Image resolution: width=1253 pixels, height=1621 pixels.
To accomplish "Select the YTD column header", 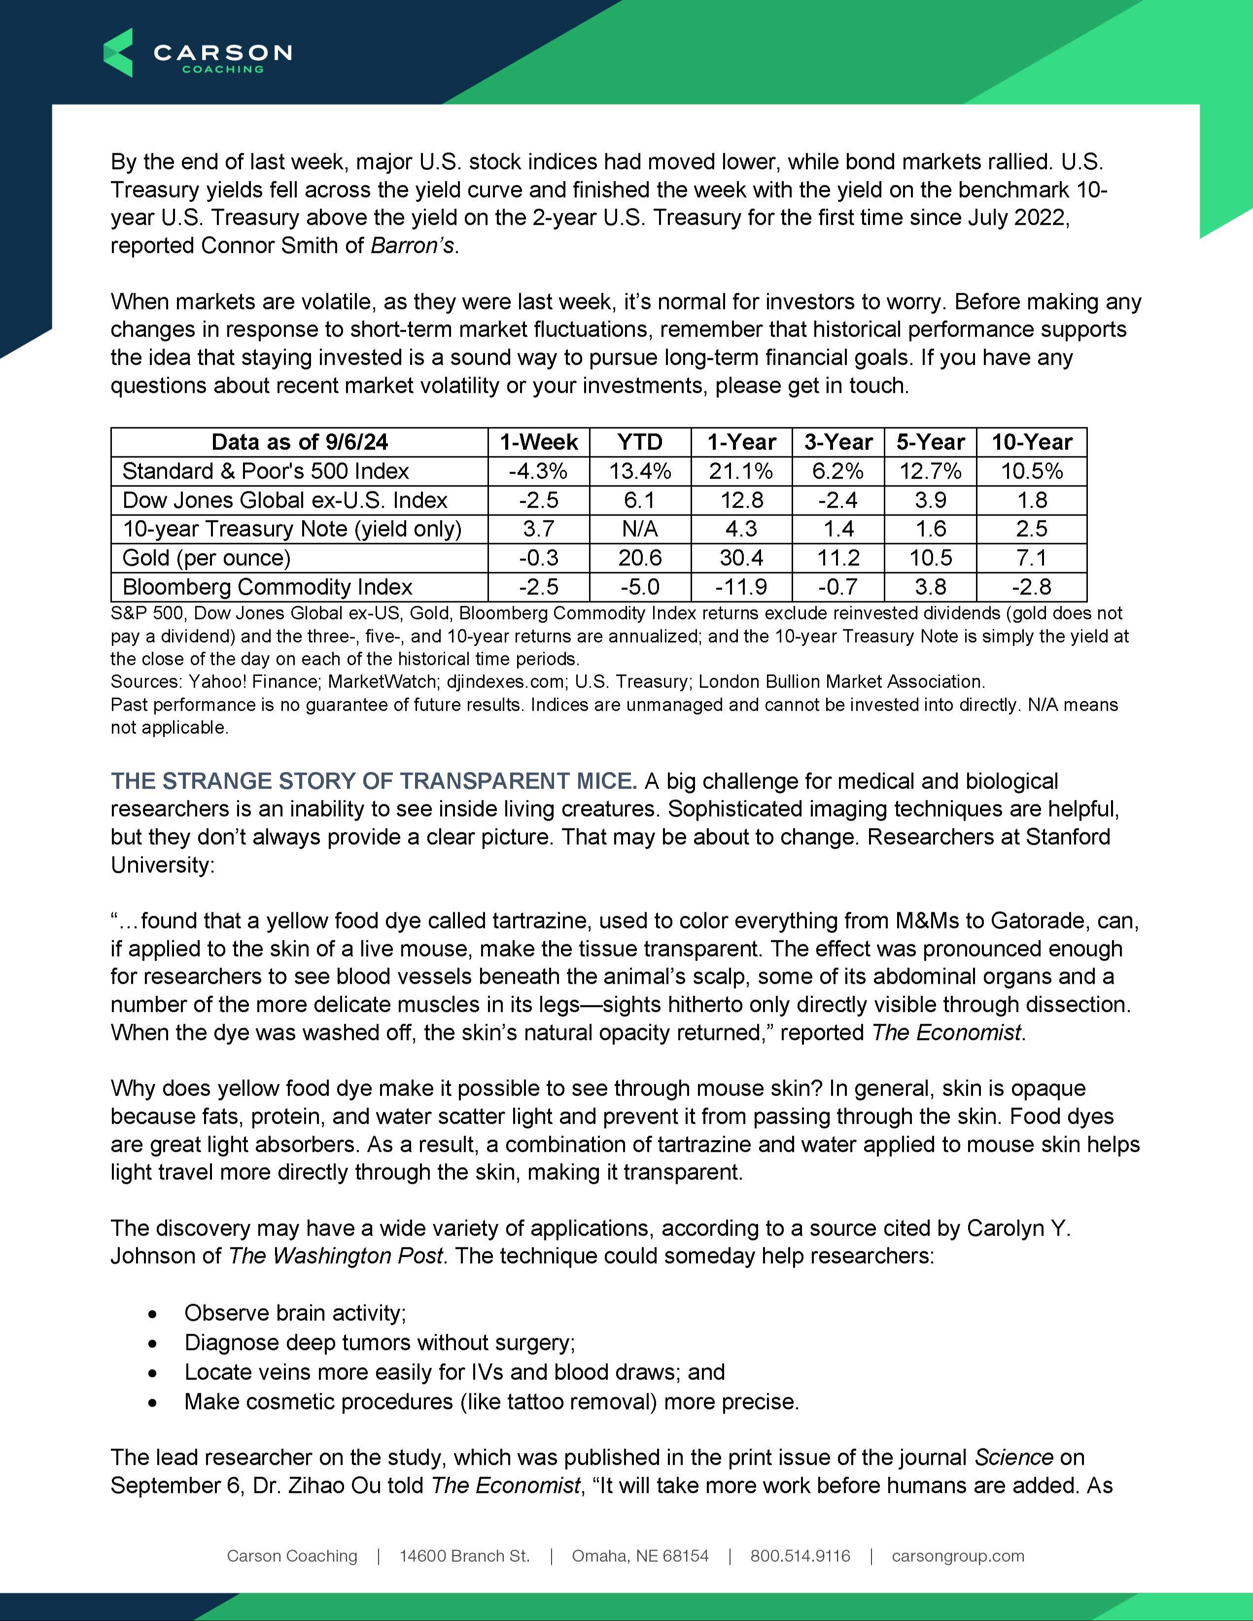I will click(640, 443).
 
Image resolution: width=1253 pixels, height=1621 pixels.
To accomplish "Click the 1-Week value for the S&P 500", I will click(538, 471).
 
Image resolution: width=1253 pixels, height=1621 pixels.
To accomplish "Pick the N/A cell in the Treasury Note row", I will click(640, 529).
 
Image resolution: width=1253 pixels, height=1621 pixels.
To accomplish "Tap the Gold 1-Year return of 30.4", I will click(741, 558).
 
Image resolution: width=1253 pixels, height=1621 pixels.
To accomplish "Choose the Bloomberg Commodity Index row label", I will click(267, 587).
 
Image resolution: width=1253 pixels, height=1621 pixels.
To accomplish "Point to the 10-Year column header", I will click(1032, 443).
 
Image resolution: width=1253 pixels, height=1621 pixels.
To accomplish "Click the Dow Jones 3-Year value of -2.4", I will click(838, 500).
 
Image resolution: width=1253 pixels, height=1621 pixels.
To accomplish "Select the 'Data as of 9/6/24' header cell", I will click(299, 443).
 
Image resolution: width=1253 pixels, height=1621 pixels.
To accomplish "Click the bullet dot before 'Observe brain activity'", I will click(153, 1314).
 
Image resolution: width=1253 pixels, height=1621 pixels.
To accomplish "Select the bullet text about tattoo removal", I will click(491, 1402).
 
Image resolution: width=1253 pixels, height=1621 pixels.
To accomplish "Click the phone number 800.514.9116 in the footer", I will click(800, 1556).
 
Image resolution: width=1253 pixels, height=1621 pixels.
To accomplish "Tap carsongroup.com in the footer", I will click(958, 1556).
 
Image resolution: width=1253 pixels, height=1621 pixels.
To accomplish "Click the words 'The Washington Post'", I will click(336, 1256).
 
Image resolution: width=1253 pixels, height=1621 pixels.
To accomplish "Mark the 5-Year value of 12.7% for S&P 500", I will click(930, 471).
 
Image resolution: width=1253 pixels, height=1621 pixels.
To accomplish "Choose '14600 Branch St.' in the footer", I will click(465, 1556).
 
